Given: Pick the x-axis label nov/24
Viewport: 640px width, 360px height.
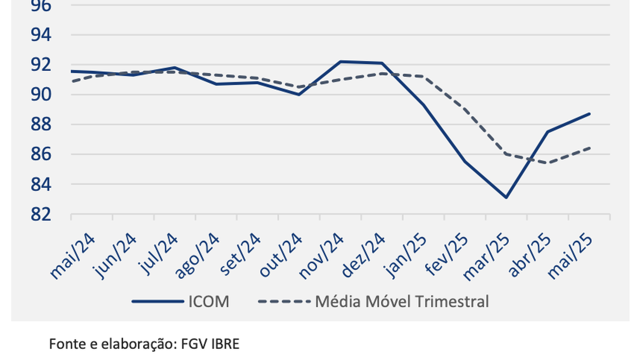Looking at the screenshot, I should coord(321,256).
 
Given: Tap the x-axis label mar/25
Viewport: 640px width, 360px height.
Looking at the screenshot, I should coord(487,256).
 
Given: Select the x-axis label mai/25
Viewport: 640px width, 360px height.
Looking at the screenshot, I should coord(570,256).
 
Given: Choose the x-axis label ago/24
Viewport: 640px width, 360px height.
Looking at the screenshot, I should coord(197,256).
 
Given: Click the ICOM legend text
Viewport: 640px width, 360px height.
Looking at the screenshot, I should coord(208,301).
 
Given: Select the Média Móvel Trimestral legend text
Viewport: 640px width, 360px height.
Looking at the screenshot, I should coord(401,301).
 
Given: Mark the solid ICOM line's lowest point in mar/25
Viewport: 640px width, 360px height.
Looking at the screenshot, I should coord(506,197).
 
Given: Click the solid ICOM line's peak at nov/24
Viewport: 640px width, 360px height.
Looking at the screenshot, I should coord(340,61).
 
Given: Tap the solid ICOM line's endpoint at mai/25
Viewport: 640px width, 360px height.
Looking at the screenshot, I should coord(589,113).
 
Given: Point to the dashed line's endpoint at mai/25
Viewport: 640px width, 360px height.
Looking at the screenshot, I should coord(589,147).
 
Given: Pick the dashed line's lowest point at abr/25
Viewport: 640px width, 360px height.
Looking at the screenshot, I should coord(548,163).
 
